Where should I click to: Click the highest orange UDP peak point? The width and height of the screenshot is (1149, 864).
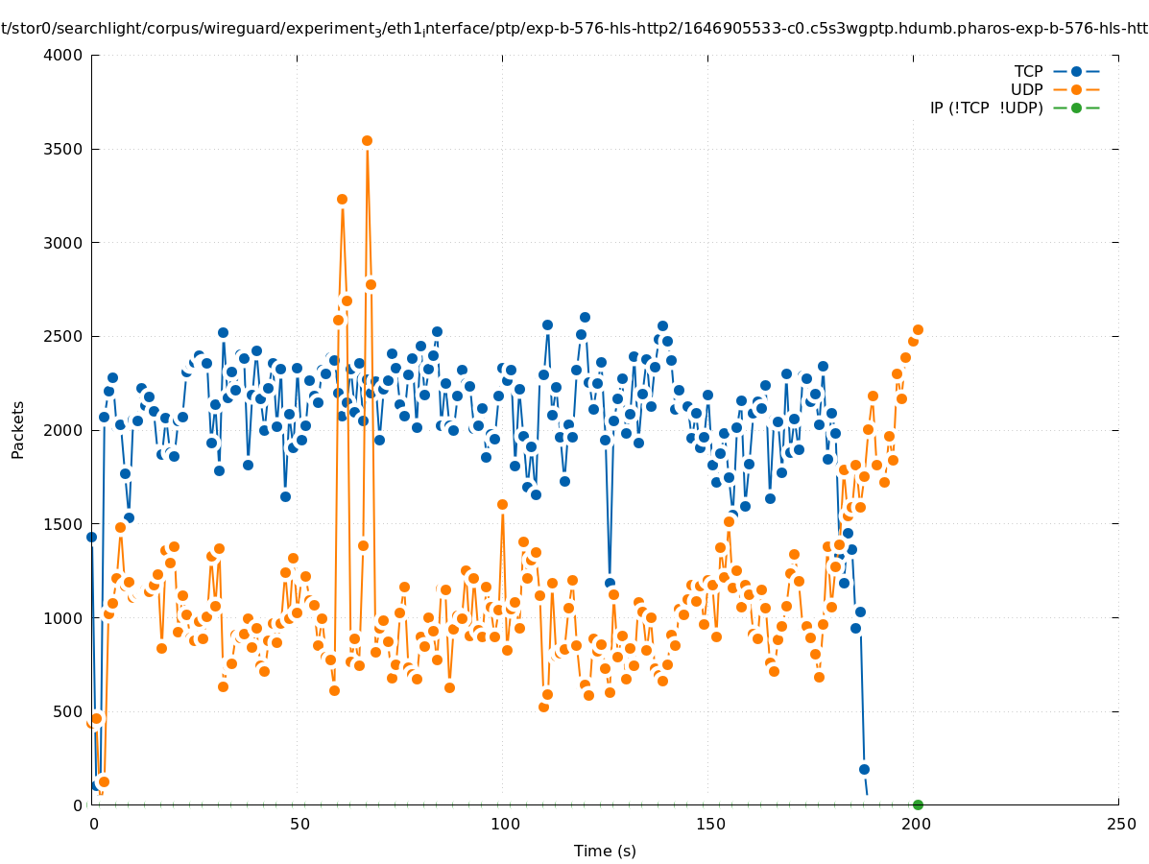pos(367,140)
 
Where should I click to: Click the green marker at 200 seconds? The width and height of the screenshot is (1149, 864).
pos(918,804)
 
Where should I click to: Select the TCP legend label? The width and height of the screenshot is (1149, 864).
pos(1028,71)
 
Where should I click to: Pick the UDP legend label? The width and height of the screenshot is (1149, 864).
pos(1026,89)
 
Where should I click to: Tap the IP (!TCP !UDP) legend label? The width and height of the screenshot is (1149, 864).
pos(986,108)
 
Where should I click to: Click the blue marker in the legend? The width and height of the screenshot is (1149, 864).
pos(1076,71)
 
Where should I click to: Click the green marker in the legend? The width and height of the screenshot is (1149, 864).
pos(1076,108)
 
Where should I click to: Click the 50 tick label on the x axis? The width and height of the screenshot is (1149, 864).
pos(299,824)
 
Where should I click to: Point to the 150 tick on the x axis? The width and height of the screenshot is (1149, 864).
pos(709,824)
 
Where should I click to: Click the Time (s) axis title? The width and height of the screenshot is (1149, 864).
pos(605,851)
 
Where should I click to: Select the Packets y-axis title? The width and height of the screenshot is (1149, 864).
pos(18,429)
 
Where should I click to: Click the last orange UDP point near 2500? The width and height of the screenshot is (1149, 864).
pos(918,329)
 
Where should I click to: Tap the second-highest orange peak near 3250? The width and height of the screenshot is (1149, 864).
pos(342,199)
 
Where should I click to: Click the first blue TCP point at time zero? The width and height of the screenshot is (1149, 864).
pos(92,537)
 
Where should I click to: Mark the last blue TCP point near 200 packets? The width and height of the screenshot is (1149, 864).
pos(864,769)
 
